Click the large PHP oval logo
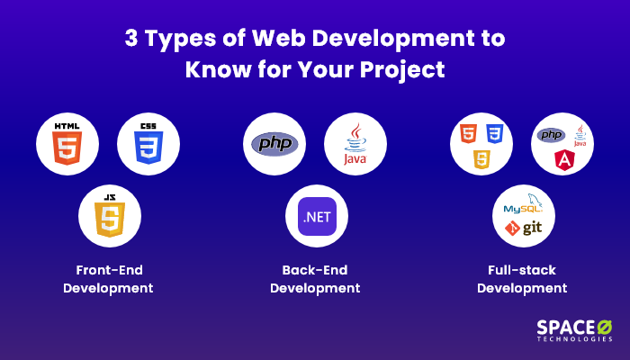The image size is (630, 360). pyautogui.click(x=274, y=144)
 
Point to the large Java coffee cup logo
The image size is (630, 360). pyautogui.click(x=355, y=144)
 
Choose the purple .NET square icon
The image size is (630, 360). pyautogui.click(x=317, y=217)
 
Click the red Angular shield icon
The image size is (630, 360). pyautogui.click(x=564, y=160)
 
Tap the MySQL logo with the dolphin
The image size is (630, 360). pyautogui.click(x=523, y=203)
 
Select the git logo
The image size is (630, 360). pyautogui.click(x=524, y=228)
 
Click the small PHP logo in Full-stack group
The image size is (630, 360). pyautogui.click(x=551, y=135)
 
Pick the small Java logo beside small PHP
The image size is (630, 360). pyautogui.click(x=580, y=136)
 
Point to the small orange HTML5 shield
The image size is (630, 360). pyautogui.click(x=468, y=134)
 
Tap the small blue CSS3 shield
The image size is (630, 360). pyautogui.click(x=495, y=134)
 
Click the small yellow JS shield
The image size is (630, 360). pyautogui.click(x=481, y=159)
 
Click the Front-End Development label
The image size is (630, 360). pyautogui.click(x=109, y=279)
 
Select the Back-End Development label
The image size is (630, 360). pyautogui.click(x=315, y=279)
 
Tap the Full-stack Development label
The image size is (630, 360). pyautogui.click(x=522, y=279)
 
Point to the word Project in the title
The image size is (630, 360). pyautogui.click(x=402, y=70)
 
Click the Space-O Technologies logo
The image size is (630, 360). pyautogui.click(x=574, y=330)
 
